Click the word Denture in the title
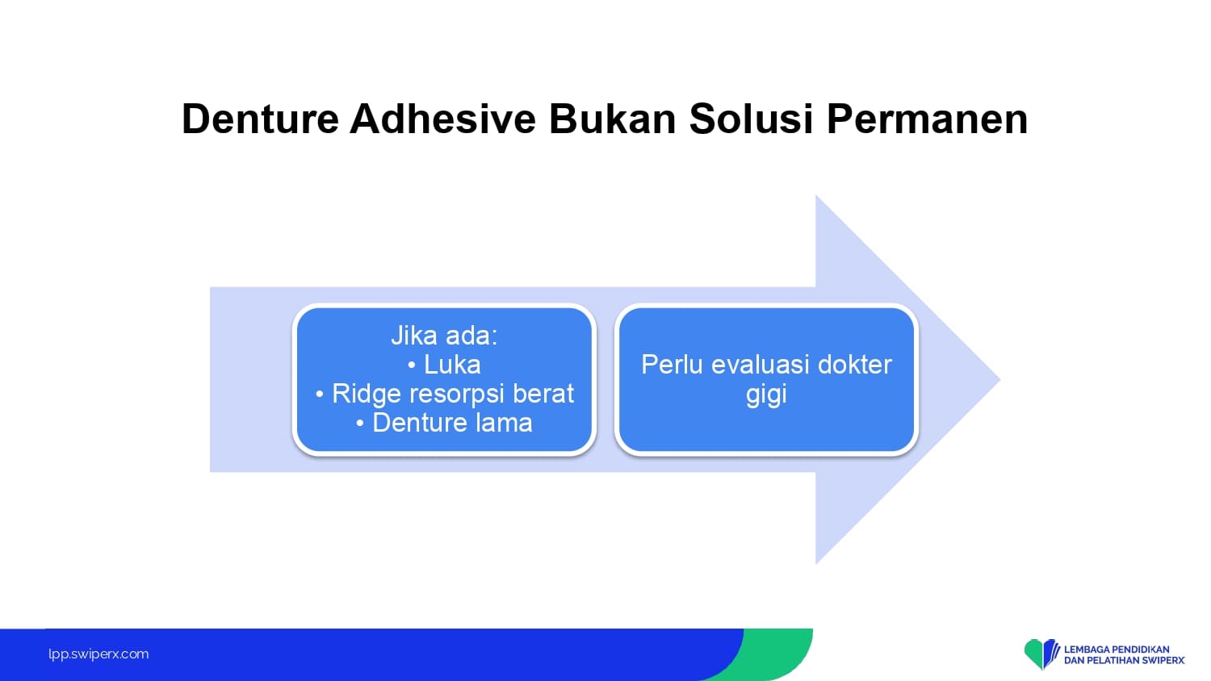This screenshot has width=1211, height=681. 260,119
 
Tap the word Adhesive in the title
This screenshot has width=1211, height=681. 442,119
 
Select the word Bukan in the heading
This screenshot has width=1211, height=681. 613,119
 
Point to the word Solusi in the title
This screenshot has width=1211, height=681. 752,119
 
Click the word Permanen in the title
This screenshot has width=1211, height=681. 927,119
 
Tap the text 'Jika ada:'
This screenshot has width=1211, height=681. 444,335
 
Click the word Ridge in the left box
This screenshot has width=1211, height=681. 366,394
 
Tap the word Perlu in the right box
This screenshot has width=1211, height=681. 672,364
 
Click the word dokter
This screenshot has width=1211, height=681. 855,364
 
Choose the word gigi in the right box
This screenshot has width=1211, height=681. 766,394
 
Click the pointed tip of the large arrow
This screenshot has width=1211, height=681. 999,379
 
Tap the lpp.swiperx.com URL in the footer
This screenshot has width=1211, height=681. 98,654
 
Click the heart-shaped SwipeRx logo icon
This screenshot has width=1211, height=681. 1041,654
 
